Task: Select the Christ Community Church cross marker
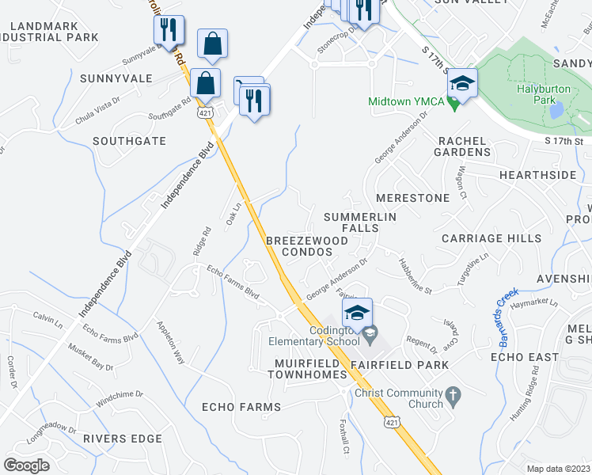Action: tap(453, 393)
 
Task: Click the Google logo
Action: tap(26, 465)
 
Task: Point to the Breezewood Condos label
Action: tap(307, 245)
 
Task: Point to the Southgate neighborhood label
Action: tap(129, 141)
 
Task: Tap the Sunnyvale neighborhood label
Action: tap(116, 78)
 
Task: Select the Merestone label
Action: tap(412, 197)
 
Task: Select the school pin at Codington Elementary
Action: tap(357, 311)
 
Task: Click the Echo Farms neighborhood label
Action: tap(241, 407)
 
